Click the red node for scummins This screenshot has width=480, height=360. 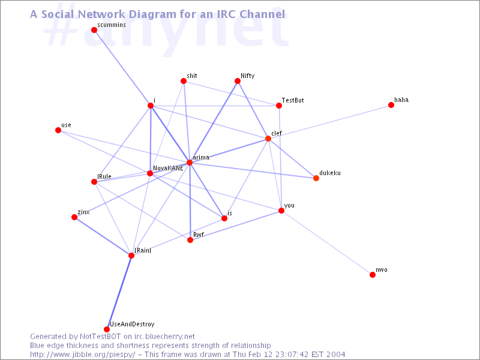pyautogui.click(x=94, y=30)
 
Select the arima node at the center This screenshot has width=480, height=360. pyautogui.click(x=190, y=163)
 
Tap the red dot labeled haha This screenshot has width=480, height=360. pyautogui.click(x=391, y=105)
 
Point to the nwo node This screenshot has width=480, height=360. pyautogui.click(x=373, y=275)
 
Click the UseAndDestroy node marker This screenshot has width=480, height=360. pyautogui.click(x=107, y=329)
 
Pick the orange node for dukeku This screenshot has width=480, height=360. pyautogui.click(x=316, y=178)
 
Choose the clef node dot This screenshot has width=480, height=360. pyautogui.click(x=268, y=139)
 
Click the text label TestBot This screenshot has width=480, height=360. pyautogui.click(x=293, y=100)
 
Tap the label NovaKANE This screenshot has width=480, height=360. pyautogui.click(x=168, y=168)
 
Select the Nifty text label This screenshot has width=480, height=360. pyautogui.click(x=247, y=76)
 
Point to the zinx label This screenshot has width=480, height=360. pyautogui.click(x=83, y=212)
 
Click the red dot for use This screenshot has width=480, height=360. pyautogui.click(x=58, y=130)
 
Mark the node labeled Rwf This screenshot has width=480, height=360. pyautogui.click(x=190, y=240)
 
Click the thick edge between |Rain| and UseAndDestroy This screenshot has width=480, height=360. pyautogui.click(x=119, y=292)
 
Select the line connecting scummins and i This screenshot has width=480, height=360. pyautogui.click(x=122, y=68)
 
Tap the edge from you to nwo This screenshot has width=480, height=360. pyautogui.click(x=327, y=243)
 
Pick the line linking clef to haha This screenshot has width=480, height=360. pyautogui.click(x=329, y=122)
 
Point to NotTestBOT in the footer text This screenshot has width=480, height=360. pyautogui.click(x=100, y=337)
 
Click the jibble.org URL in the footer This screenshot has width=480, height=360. pyautogui.click(x=83, y=355)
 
